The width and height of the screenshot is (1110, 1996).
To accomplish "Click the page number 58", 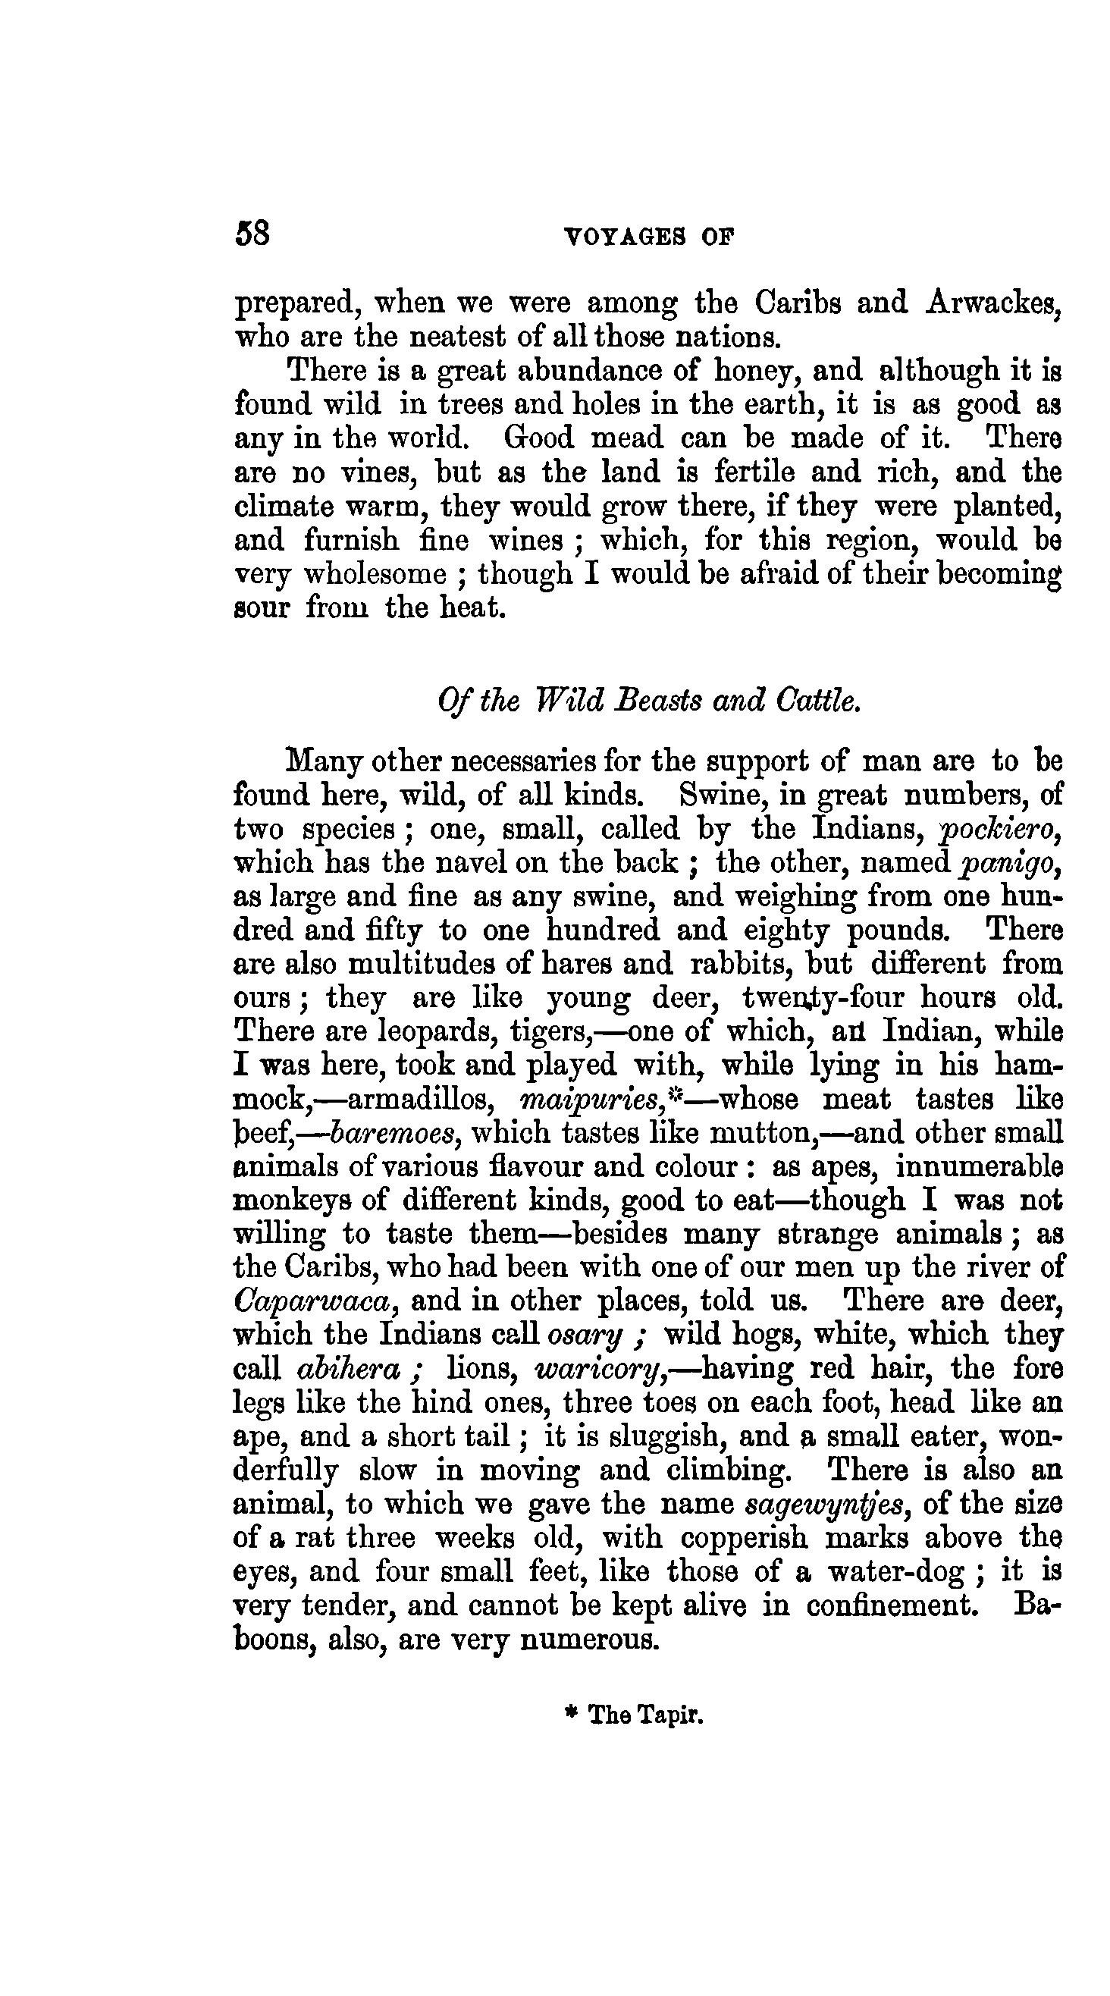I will coord(252,234).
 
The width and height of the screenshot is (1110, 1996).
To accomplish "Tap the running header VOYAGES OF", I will coord(649,237).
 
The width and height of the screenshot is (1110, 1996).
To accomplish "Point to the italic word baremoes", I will coord(396,1134).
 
